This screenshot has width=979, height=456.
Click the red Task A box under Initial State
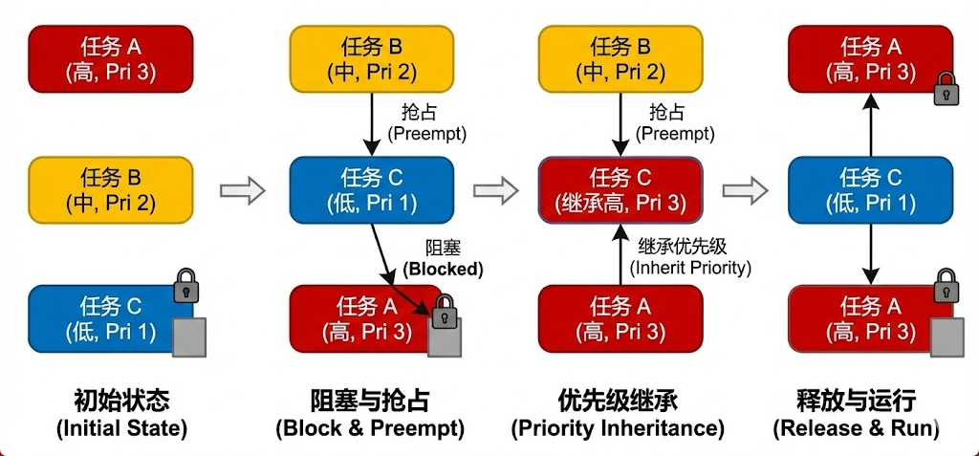pyautogui.click(x=111, y=58)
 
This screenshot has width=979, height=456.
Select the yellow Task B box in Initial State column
pyautogui.click(x=111, y=190)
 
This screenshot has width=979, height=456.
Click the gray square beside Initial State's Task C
pyautogui.click(x=188, y=337)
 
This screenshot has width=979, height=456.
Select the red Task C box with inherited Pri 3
pyautogui.click(x=620, y=189)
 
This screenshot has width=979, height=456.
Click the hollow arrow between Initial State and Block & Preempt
pyautogui.click(x=242, y=190)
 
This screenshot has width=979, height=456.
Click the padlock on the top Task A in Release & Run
pyautogui.click(x=946, y=91)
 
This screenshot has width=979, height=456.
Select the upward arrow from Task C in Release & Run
pyautogui.click(x=870, y=123)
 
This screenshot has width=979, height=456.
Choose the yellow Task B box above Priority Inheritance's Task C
pyautogui.click(x=620, y=58)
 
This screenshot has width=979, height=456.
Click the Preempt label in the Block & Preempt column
pyautogui.click(x=426, y=122)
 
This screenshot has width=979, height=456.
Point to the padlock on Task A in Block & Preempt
pyautogui.click(x=443, y=312)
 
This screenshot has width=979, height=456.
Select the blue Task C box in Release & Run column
pyautogui.click(x=870, y=189)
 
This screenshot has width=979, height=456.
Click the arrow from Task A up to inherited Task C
pyautogui.click(x=620, y=252)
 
